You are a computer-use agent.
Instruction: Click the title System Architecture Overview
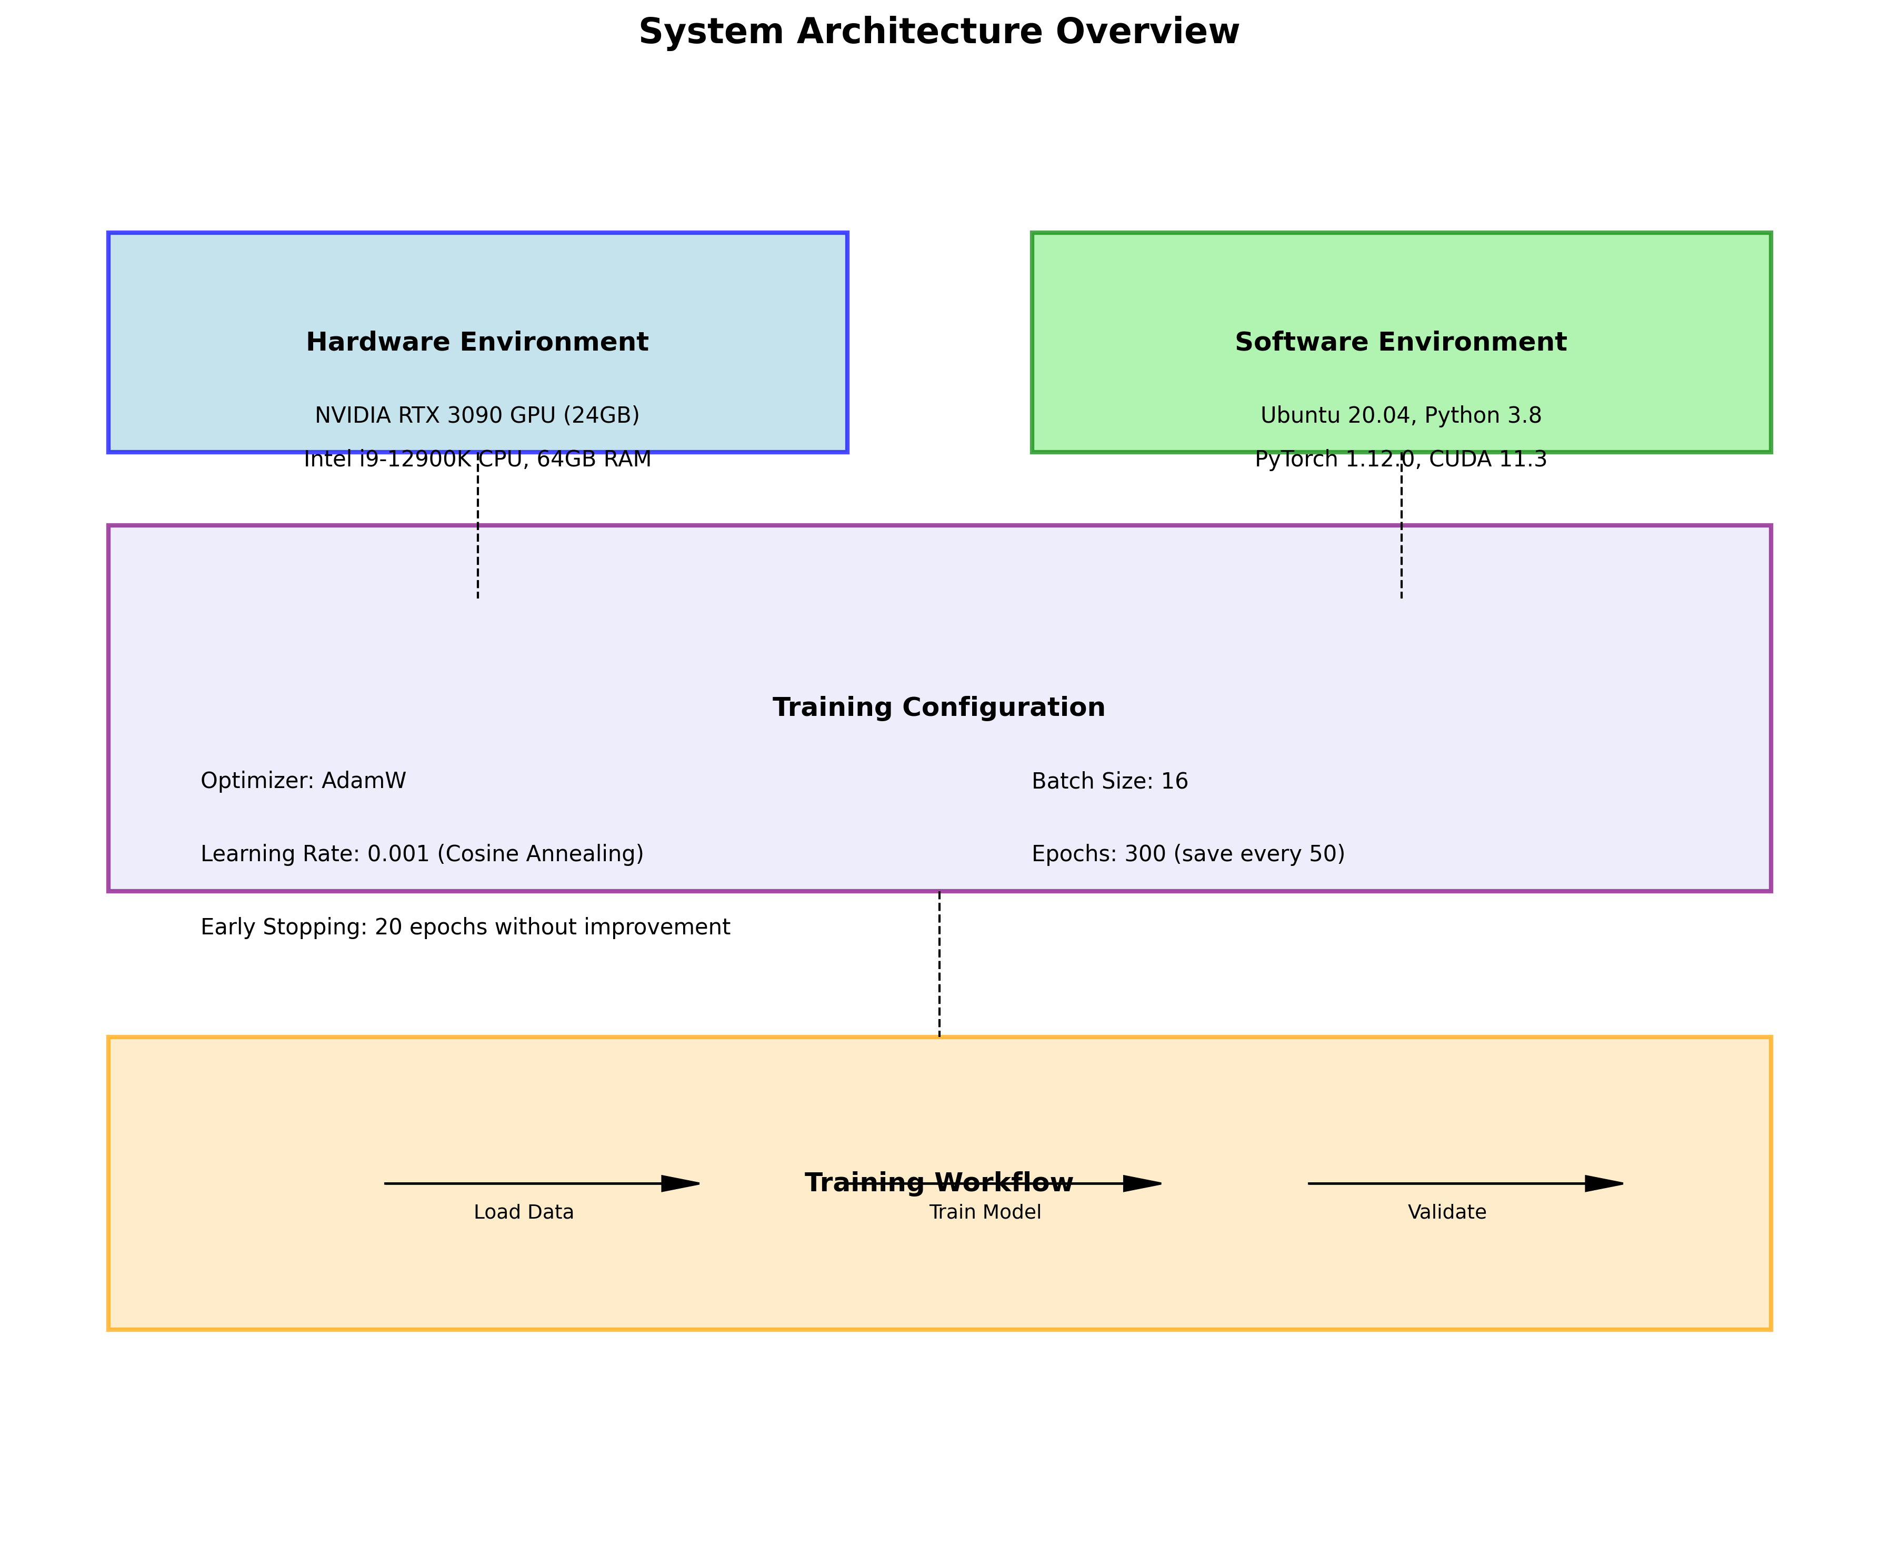(938, 32)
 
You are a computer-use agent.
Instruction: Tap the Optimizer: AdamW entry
(303, 781)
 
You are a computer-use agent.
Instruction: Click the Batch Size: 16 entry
(1110, 781)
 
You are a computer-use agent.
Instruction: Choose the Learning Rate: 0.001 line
(422, 854)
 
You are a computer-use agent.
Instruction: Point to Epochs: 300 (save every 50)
(1187, 854)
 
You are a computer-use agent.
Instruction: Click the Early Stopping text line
(465, 927)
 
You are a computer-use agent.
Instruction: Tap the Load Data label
(523, 1212)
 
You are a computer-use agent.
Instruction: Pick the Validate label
(1447, 1212)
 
